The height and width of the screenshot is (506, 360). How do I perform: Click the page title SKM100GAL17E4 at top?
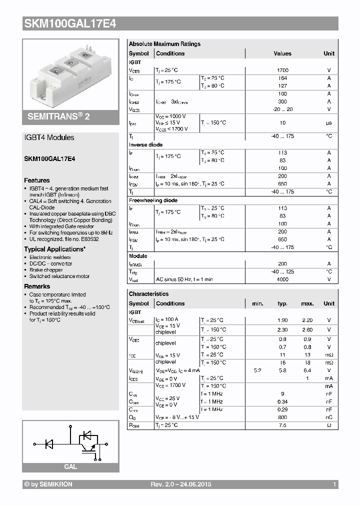(70, 23)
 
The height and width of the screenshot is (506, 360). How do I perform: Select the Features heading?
(37, 180)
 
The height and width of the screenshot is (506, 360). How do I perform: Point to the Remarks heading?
(37, 286)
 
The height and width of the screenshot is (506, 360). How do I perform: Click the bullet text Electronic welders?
(50, 257)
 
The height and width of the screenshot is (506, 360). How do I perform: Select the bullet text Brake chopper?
(46, 269)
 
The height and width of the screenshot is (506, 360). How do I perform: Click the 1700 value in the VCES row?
(282, 70)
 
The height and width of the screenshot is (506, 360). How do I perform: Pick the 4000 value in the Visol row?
(282, 279)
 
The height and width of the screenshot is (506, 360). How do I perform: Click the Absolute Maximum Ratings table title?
(164, 44)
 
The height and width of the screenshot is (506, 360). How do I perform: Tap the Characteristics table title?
(148, 294)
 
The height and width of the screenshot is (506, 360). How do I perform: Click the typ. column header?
(282, 303)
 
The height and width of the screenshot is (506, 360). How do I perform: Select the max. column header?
(307, 303)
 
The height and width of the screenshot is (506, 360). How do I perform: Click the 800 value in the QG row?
(282, 417)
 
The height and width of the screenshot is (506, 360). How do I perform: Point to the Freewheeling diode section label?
(153, 200)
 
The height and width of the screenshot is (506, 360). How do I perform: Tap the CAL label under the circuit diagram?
(70, 466)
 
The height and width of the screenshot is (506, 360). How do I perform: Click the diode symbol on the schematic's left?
(49, 443)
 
